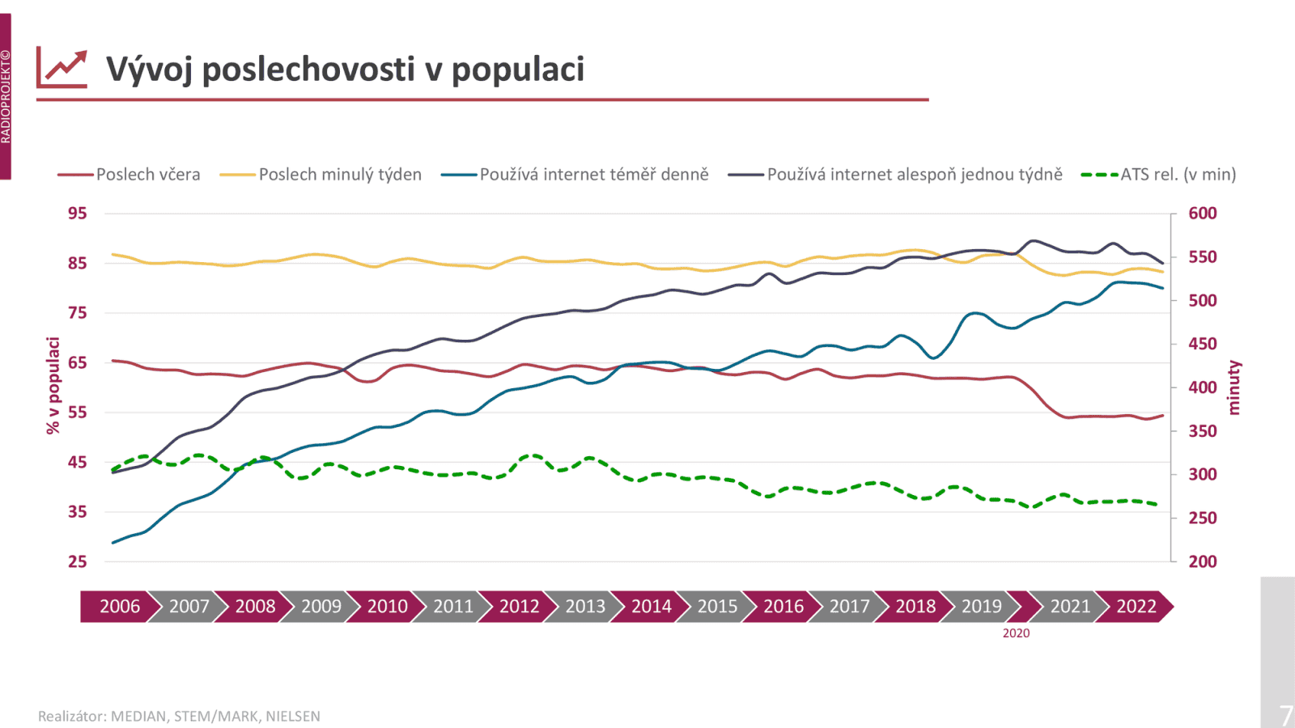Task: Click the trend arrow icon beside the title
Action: [62, 68]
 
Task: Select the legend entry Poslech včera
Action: [147, 175]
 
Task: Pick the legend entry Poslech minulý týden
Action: [340, 175]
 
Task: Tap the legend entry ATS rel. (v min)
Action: [1178, 175]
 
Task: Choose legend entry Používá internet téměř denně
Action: [593, 175]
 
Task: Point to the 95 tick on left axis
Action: [77, 214]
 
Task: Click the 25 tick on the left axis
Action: [77, 561]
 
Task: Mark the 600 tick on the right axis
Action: [1202, 214]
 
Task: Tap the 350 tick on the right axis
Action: [1202, 431]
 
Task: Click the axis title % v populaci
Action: [53, 386]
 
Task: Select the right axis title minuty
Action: [1233, 387]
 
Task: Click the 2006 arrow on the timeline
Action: [119, 607]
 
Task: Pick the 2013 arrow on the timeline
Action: [584, 607]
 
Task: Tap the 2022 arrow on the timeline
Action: [1136, 607]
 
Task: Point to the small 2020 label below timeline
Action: [1016, 633]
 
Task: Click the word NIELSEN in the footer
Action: [293, 717]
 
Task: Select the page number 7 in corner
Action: [1284, 715]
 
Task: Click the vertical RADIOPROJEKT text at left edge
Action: [6, 97]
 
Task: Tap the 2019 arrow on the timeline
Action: [981, 607]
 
